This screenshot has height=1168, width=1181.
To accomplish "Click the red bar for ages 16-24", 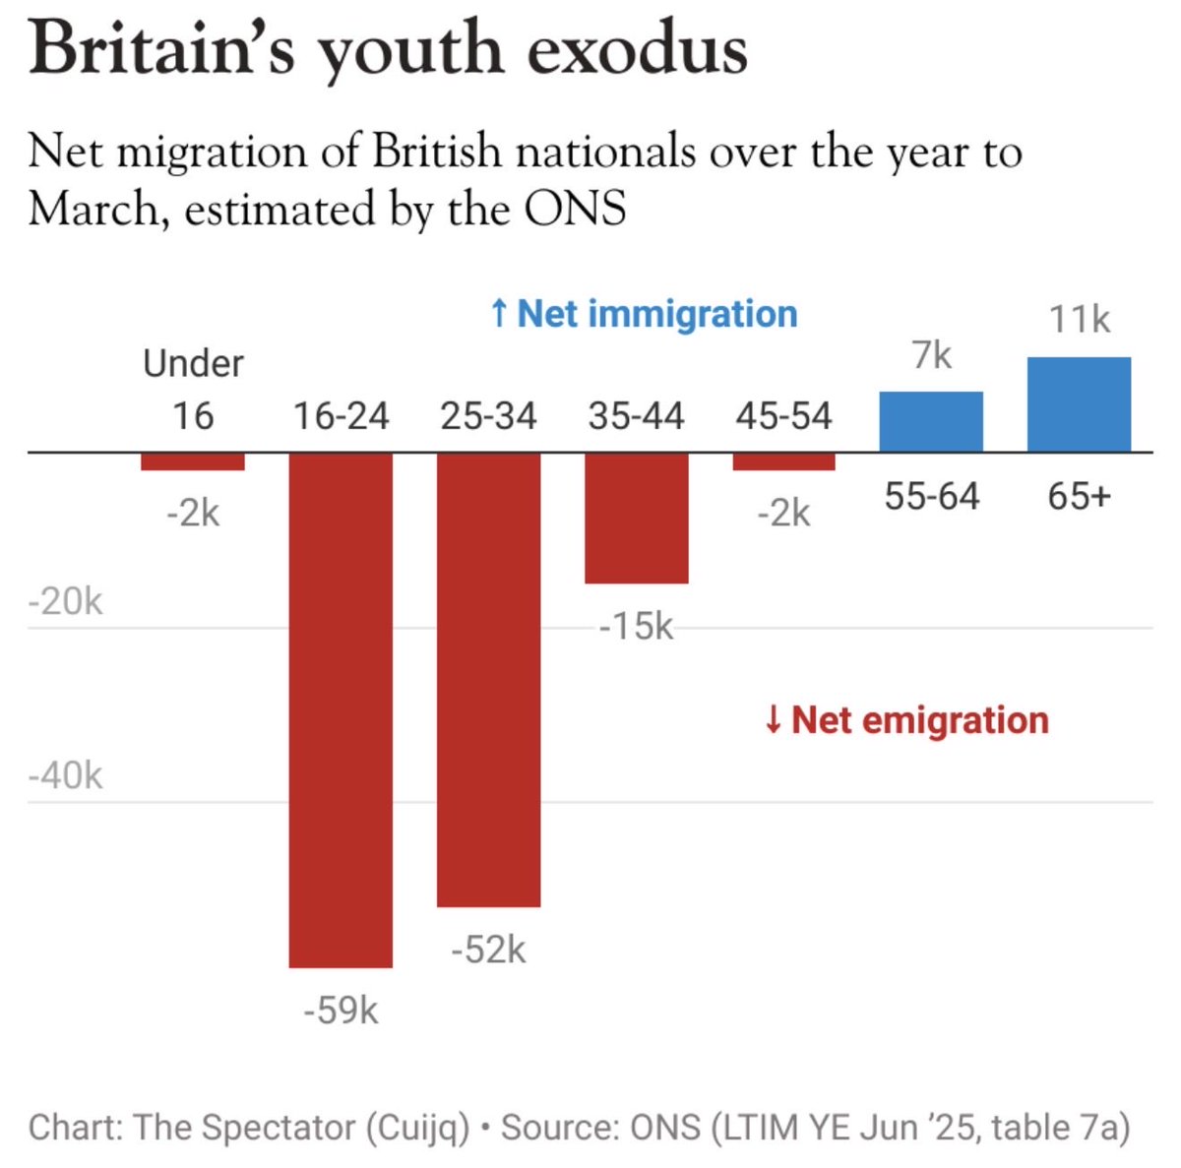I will (341, 708).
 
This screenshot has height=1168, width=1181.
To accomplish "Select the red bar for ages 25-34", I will (489, 679).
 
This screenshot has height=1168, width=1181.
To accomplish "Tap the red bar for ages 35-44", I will (637, 518).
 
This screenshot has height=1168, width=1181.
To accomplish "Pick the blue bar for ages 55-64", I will (931, 422).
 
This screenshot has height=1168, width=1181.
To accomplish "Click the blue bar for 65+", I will (1079, 404).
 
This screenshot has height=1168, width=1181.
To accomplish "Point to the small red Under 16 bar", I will (193, 461).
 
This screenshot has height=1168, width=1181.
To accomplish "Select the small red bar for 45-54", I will (784, 461).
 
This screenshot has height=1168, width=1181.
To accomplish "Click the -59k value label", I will (341, 1011).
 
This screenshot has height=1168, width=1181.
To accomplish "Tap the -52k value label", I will (489, 950).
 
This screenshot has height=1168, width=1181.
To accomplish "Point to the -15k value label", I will (637, 626).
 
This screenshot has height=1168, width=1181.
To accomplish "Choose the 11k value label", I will (1079, 320).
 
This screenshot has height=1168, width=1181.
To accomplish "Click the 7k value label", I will (931, 355).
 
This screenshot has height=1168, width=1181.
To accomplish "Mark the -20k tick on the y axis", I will (65, 601).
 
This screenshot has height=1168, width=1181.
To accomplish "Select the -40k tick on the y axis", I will (65, 776).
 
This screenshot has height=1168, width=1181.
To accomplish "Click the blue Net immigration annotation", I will (644, 314).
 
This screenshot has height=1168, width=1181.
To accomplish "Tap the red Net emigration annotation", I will (906, 720).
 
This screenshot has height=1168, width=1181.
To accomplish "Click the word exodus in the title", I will (637, 49).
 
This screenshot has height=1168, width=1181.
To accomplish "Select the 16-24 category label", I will (341, 416).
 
